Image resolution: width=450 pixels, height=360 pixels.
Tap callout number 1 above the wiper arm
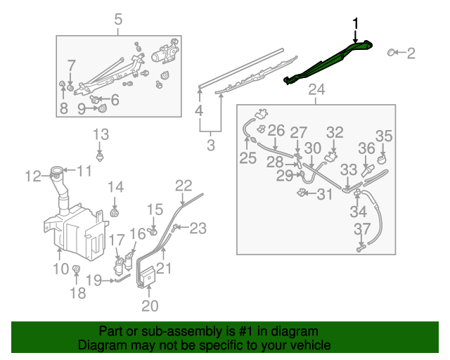pos(355,24)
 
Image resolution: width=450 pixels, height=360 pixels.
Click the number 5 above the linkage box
pos(117,19)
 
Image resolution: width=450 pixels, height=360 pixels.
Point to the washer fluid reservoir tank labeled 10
pos(74,225)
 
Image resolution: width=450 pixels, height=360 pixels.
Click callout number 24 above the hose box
pos(316,90)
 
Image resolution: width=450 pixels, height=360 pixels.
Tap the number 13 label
pos(101,134)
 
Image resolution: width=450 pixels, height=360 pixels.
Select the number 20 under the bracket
pos(150,305)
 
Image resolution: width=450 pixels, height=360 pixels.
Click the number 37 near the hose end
pos(361,229)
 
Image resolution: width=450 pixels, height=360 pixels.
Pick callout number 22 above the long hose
pos(183,186)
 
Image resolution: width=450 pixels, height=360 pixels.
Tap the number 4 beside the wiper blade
pos(200,111)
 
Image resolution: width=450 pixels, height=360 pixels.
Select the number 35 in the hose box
pos(383,136)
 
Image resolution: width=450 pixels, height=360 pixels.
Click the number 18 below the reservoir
pos(77,292)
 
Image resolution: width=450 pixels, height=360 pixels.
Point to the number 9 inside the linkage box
pos(81,108)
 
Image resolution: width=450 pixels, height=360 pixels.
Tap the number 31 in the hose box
pos(324,195)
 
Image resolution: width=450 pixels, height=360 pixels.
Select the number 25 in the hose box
pos(247,159)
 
